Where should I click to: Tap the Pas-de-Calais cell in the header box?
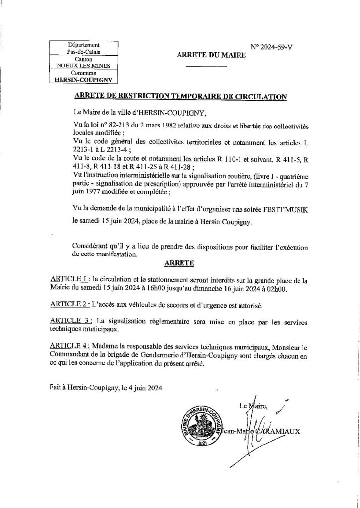click(x=83, y=51)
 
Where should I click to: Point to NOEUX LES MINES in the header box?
click(x=83, y=65)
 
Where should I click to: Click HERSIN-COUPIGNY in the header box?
click(x=83, y=78)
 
